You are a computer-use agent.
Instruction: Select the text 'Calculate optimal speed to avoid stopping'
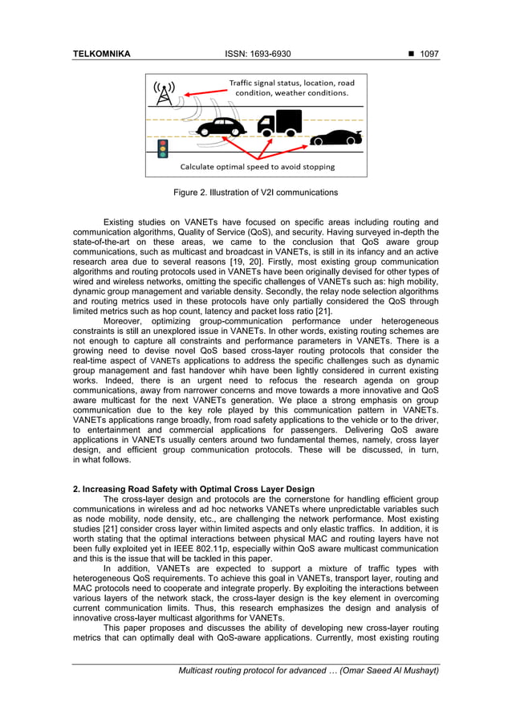click(x=257, y=167)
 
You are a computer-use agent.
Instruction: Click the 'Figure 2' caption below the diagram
click(x=255, y=193)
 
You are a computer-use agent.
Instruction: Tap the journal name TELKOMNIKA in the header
click(x=101, y=55)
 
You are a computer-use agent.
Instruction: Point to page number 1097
click(x=428, y=55)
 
